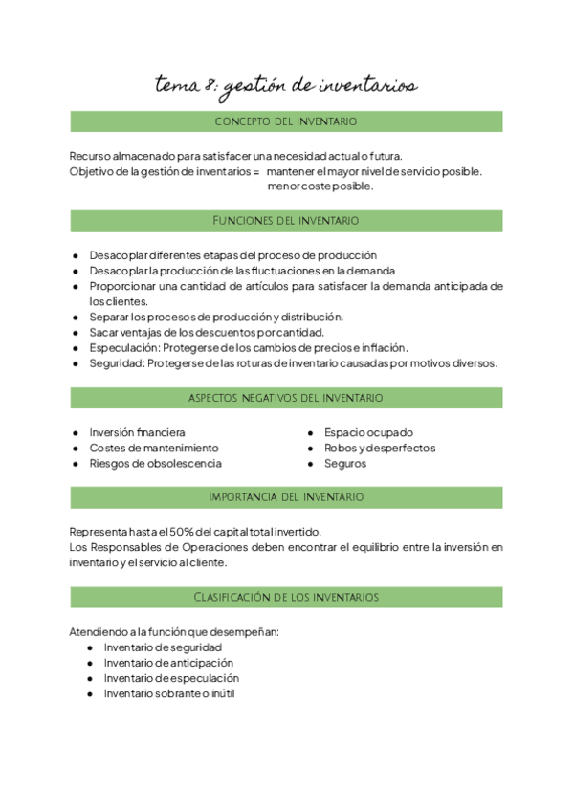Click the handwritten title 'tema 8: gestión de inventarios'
coord(286,87)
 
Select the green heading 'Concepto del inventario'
coord(286,121)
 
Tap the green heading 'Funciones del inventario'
coord(286,221)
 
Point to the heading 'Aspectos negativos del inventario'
coord(286,397)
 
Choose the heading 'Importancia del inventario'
coord(286,497)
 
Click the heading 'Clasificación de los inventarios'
coord(286,597)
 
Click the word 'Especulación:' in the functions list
coord(123,348)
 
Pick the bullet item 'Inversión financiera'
coord(138,432)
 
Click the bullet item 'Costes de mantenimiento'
coord(154,448)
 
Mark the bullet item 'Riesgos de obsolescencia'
coord(155,463)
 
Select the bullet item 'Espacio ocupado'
coord(368,432)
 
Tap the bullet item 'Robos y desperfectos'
coord(380,448)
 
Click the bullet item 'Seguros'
coord(345,463)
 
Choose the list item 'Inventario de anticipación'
coord(168,663)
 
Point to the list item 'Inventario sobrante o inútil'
coord(169,693)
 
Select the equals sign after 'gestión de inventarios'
coord(255,171)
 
